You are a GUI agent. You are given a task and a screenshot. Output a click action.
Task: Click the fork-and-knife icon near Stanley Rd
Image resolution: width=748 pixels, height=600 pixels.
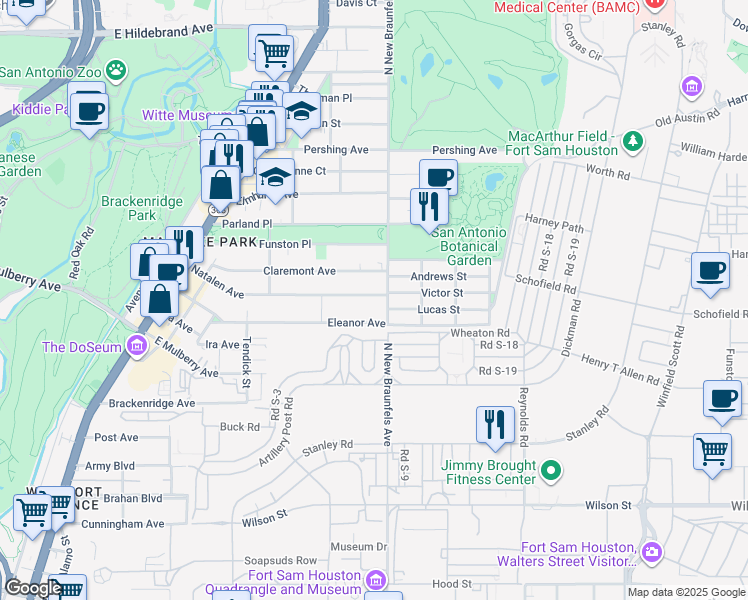(494, 424)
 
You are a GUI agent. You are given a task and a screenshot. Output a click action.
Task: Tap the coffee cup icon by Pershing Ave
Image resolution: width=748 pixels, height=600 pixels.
(438, 178)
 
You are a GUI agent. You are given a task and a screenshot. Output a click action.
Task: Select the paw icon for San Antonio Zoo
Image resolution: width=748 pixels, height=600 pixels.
(118, 70)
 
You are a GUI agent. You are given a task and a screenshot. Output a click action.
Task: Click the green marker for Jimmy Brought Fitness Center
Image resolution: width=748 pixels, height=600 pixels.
(549, 469)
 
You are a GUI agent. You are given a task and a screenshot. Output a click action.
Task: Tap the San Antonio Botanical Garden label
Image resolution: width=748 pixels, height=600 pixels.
(468, 246)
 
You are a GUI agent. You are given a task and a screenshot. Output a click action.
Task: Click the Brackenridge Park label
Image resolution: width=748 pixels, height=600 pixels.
(128, 208)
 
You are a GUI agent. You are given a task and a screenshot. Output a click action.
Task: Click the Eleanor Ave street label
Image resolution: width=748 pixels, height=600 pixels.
(357, 323)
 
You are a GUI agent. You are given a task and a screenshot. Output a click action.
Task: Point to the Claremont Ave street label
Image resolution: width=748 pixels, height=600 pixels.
(299, 271)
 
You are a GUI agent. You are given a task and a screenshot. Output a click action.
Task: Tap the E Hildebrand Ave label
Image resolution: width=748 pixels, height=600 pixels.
(165, 33)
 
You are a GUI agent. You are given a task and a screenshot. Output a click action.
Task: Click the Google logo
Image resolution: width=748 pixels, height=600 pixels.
(32, 588)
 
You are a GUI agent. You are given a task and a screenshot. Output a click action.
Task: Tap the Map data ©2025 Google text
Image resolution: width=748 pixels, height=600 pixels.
(685, 592)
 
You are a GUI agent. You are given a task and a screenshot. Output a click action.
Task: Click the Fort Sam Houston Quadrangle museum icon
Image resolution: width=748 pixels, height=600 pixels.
(376, 580)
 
